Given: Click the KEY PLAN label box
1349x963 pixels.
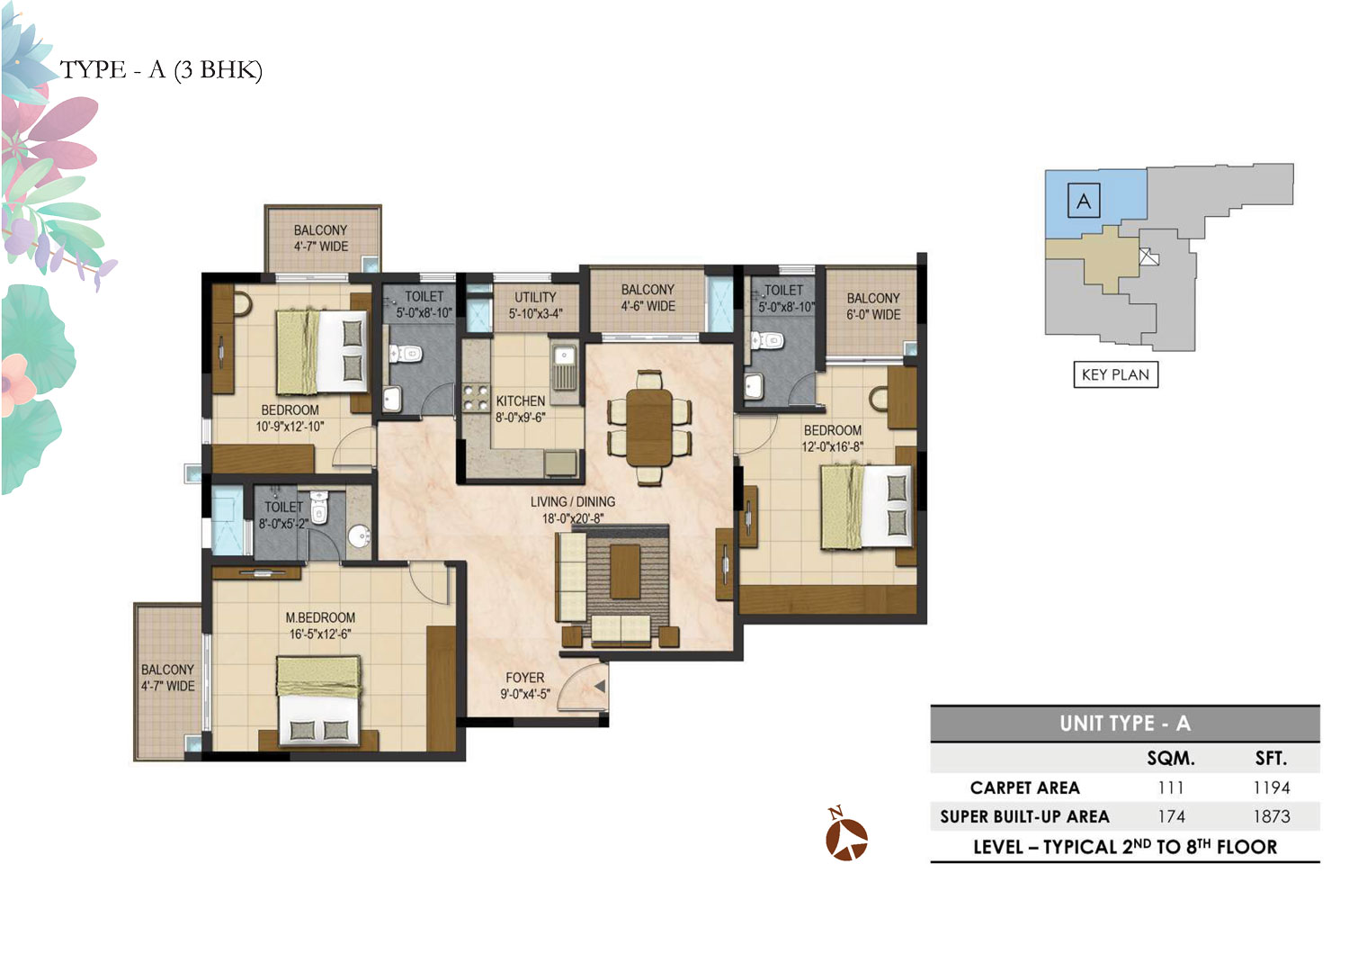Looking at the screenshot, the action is (x=1115, y=374).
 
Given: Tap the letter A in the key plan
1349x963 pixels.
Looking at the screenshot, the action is (x=1084, y=201).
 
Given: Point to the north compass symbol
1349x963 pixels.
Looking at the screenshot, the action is (x=846, y=834).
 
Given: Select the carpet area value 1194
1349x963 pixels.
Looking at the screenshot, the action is (x=1272, y=787).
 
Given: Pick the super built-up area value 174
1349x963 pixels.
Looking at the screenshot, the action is (x=1171, y=816).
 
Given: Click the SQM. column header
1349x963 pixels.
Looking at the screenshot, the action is (x=1171, y=758).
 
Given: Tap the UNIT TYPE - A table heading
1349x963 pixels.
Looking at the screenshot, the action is (x=1124, y=723).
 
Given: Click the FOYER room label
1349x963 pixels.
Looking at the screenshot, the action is (x=524, y=678).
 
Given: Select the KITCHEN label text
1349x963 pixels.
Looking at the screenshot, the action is (x=521, y=400).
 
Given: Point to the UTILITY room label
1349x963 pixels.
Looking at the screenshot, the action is (x=535, y=297).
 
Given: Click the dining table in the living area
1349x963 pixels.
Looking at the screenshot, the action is (x=649, y=427).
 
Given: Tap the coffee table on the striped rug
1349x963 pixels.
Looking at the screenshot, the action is (x=625, y=571).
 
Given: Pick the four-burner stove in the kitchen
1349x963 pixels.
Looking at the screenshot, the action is (x=475, y=398).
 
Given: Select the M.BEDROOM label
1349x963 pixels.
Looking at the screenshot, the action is (x=320, y=617).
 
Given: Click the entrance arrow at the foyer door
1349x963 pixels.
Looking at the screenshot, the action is (x=600, y=686).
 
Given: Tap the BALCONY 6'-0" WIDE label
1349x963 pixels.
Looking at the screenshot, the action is (x=873, y=306).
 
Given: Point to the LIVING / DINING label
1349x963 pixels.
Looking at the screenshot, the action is (x=573, y=501).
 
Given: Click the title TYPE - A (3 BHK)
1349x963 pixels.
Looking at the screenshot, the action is (x=161, y=70).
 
